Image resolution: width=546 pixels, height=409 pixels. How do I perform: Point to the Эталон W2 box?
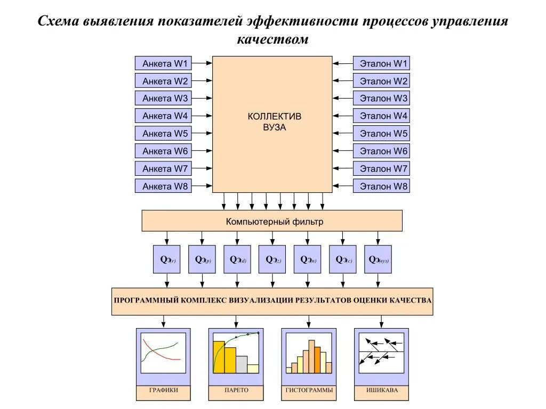pyautogui.click(x=381, y=81)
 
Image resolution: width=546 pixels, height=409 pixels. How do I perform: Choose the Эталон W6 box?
pyautogui.click(x=381, y=151)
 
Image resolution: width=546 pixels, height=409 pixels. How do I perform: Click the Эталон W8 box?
pyautogui.click(x=381, y=186)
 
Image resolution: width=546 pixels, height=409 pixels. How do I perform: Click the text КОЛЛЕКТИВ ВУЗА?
pyautogui.click(x=274, y=122)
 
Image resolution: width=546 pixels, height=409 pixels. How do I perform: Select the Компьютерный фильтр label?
pyautogui.click(x=274, y=221)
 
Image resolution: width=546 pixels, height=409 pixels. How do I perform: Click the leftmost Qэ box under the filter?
pyautogui.click(x=167, y=259)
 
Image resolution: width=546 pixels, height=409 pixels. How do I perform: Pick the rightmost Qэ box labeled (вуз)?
pyautogui.click(x=378, y=259)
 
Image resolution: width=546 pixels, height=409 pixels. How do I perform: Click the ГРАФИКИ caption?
pyautogui.click(x=163, y=390)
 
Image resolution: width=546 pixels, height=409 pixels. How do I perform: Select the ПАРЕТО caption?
pyautogui.click(x=236, y=390)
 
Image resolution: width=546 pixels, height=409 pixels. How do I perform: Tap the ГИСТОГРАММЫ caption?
pyautogui.click(x=309, y=390)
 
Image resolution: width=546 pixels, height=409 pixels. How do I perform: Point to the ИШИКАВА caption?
pyautogui.click(x=381, y=390)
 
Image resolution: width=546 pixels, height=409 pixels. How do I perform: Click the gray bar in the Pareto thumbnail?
pyautogui.click(x=242, y=364)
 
